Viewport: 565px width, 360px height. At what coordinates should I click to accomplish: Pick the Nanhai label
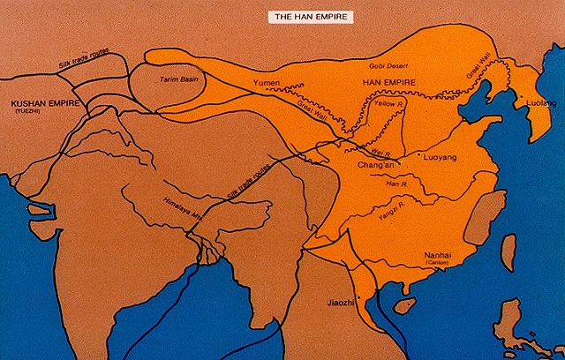pyautogui.click(x=438, y=252)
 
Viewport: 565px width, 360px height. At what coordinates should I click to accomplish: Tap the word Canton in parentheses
pyautogui.click(x=438, y=262)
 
